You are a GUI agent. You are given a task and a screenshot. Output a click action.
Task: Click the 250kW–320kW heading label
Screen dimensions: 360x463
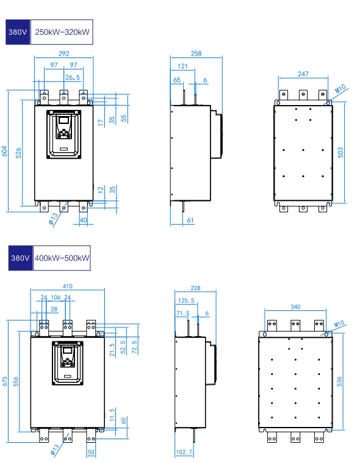[x=62, y=32]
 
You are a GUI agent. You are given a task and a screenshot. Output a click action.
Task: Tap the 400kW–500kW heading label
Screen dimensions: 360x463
[x=62, y=258]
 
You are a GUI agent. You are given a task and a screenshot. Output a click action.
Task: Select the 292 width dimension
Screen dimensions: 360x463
[x=63, y=53]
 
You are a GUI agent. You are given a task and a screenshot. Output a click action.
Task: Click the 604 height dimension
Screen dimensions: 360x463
[x=4, y=151]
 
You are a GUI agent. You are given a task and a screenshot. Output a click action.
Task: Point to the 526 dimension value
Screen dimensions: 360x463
[x=18, y=153]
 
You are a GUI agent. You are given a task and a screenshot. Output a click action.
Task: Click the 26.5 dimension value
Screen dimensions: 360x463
[x=73, y=78]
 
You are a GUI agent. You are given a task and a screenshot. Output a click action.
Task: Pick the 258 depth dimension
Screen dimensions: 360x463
[x=196, y=53]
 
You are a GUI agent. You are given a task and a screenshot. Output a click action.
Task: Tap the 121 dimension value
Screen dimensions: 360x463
[x=182, y=66]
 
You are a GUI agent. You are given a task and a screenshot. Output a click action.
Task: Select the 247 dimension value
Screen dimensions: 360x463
[x=303, y=74]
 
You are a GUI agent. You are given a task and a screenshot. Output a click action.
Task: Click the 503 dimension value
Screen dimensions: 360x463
[x=340, y=152]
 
